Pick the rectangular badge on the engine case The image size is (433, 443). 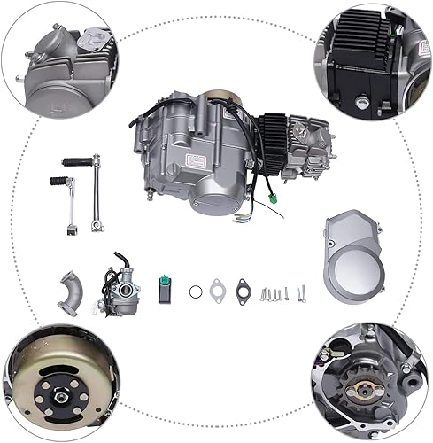(195, 159)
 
